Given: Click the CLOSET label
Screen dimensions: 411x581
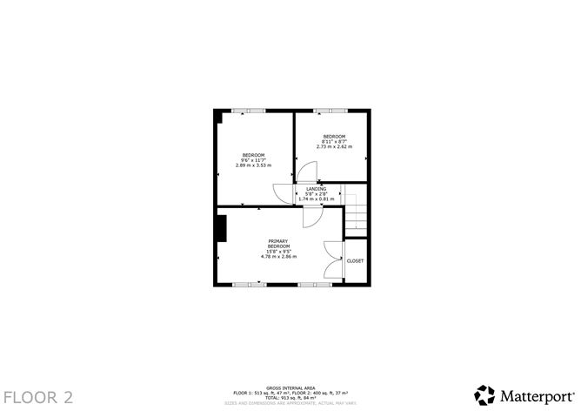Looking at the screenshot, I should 355,261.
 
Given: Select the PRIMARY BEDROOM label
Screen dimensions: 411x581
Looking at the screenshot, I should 278,244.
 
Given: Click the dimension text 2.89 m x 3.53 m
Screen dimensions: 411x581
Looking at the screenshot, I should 253,165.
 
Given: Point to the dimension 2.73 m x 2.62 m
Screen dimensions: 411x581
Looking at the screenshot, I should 334,145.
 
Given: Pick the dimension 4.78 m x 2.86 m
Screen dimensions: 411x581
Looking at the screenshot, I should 278,256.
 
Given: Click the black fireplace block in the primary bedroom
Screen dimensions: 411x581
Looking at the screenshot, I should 222,228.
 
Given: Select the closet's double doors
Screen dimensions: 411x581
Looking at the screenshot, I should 332,259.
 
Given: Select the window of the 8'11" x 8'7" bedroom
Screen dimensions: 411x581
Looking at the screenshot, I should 331,110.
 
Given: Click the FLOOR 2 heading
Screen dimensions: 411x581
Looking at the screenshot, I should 37,396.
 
